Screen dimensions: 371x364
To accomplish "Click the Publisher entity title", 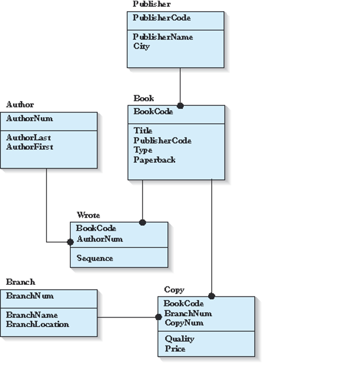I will click(151, 4).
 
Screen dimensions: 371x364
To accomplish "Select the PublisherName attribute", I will click(163, 37).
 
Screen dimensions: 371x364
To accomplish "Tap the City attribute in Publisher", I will click(142, 47).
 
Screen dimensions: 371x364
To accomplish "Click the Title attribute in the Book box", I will click(143, 131).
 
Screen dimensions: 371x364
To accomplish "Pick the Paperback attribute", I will click(154, 160).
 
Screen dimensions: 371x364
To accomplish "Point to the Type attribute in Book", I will click(143, 150).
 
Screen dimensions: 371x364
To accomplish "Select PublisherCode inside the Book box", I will click(162, 141).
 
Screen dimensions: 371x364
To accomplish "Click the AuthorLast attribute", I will click(29, 137).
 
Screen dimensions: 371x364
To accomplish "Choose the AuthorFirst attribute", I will click(30, 147).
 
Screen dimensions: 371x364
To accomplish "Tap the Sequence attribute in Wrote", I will click(95, 258).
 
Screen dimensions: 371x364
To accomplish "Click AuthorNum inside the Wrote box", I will click(99, 239).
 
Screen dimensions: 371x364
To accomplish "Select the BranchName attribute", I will click(32, 315).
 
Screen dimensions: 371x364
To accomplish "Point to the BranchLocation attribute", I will click(38, 324).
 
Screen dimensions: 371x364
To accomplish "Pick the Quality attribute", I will click(179, 339).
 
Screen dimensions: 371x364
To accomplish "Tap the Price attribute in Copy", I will click(175, 349).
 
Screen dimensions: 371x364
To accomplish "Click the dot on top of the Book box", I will click(180, 106).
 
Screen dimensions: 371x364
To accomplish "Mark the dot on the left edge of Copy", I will click(158, 317).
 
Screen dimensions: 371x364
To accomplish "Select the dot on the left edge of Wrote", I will click(70, 242).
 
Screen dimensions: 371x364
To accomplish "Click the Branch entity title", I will click(21, 282).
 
